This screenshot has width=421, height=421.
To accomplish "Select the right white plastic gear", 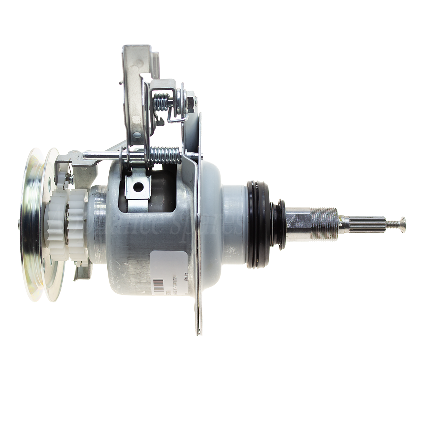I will coord(77,223).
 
